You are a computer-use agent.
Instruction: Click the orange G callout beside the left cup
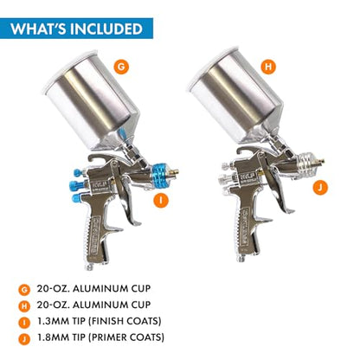click(x=121, y=67)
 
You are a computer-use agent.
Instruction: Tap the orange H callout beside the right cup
click(x=268, y=67)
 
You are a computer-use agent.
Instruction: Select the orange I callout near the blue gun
click(x=161, y=200)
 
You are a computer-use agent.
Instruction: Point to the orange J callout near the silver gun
click(x=320, y=188)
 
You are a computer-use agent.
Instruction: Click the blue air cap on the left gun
click(x=159, y=172)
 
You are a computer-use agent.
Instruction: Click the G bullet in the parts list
click(x=24, y=290)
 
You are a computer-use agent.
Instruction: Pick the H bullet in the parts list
click(x=24, y=306)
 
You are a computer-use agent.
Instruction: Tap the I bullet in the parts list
click(x=24, y=323)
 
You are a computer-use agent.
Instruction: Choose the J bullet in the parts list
click(x=24, y=338)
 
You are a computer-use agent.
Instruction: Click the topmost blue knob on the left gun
click(x=78, y=173)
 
